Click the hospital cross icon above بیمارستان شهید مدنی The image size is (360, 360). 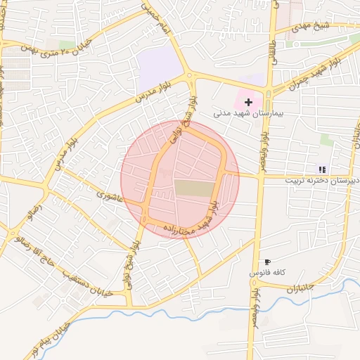248,102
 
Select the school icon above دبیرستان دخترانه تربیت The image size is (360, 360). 322,169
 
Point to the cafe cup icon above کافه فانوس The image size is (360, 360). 268,262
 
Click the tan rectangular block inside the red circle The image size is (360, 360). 193,188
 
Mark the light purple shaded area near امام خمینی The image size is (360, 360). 160,70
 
